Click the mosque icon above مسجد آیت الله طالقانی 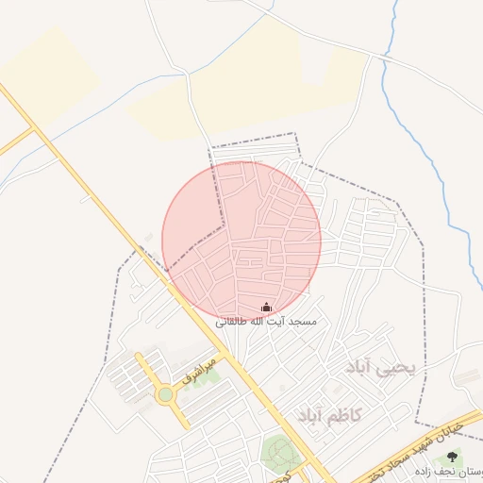(266, 307)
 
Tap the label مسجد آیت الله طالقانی (265, 322)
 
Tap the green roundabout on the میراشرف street (166, 394)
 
